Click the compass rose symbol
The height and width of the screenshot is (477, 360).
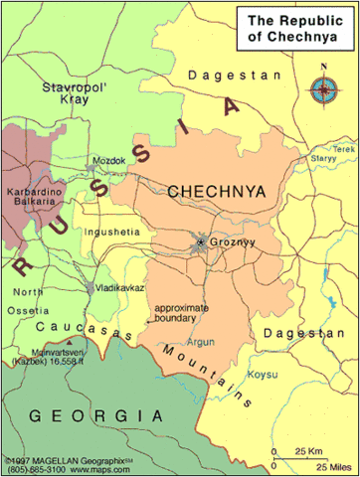[x=323, y=90]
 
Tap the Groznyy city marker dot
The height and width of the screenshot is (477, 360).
[x=201, y=241]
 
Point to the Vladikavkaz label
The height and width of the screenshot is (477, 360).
[x=122, y=286]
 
